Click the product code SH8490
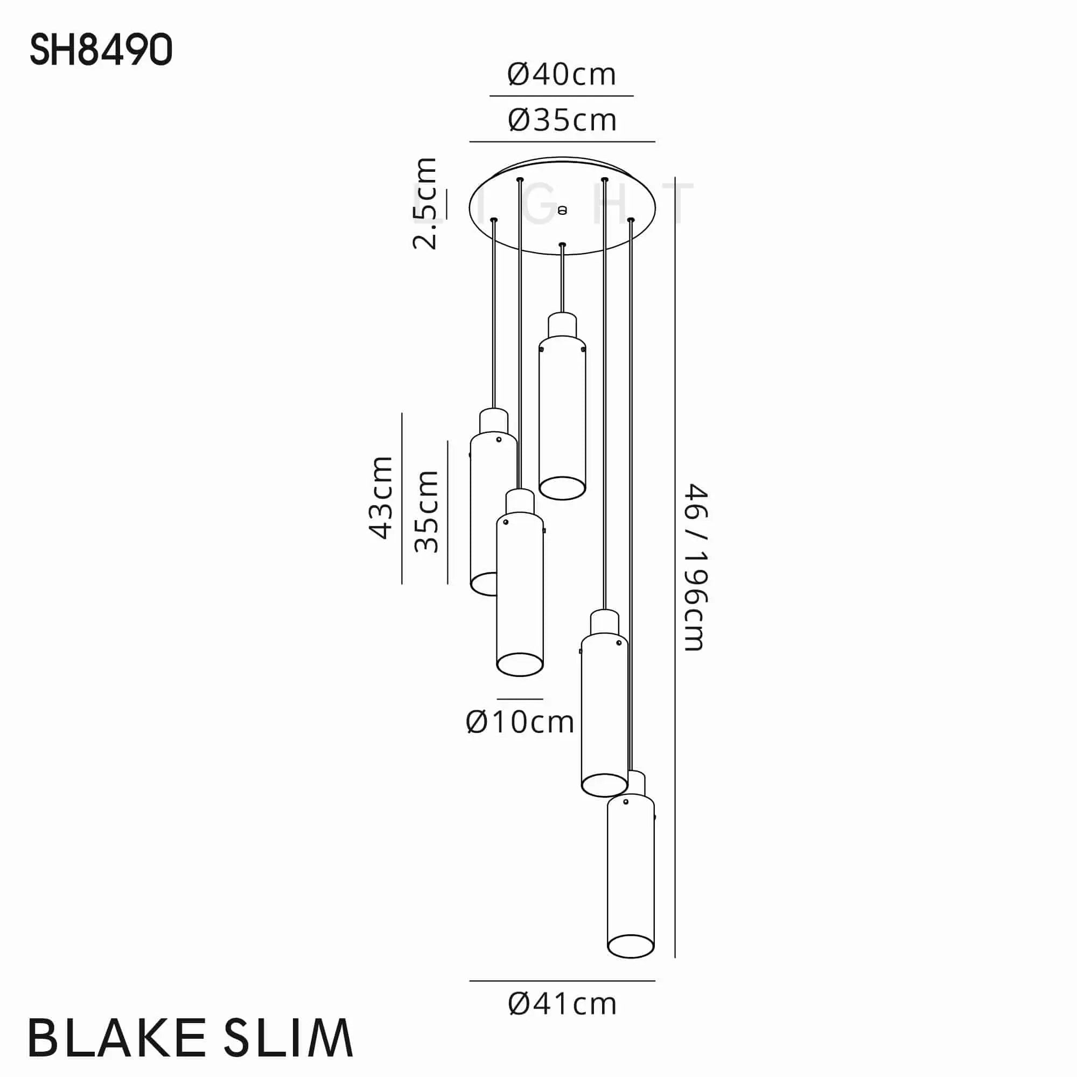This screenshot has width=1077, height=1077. click(x=101, y=50)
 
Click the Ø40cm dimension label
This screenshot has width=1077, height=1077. click(x=562, y=74)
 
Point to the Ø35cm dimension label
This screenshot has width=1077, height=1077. click(x=562, y=121)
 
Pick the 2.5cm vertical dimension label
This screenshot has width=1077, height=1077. click(x=425, y=203)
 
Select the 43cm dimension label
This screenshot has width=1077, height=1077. click(x=381, y=498)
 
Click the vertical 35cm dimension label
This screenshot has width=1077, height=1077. click(x=426, y=512)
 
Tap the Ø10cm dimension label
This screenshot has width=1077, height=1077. click(x=520, y=723)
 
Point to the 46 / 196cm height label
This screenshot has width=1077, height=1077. click(x=696, y=568)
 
